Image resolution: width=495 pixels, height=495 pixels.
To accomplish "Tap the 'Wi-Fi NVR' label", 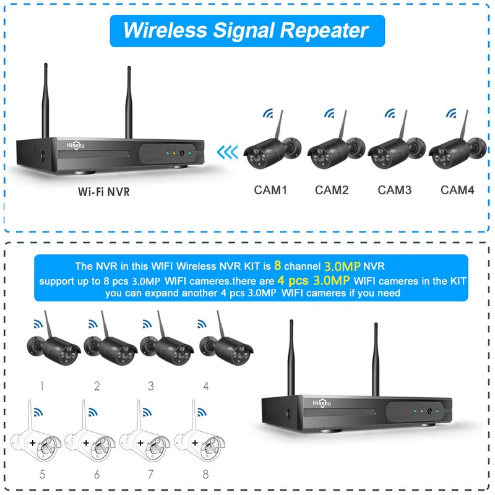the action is tap(104, 191).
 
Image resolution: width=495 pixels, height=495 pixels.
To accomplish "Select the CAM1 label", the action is tap(270, 190).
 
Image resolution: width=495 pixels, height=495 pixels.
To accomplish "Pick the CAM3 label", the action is tap(394, 190).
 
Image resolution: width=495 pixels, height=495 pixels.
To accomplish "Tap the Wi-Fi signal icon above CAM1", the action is tap(268, 114).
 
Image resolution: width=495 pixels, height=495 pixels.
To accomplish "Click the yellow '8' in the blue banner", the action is tap(278, 266).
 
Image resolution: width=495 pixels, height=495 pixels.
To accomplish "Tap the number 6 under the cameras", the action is tap(97, 475).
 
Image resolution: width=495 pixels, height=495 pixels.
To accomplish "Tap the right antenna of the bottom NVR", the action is tap(375, 359).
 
